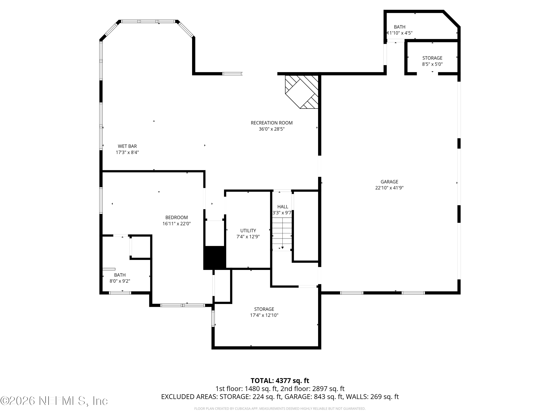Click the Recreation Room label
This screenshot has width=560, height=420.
(271, 123)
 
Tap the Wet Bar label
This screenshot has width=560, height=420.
(127, 146)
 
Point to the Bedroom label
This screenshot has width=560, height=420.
(176, 217)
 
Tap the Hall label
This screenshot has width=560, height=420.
(283, 207)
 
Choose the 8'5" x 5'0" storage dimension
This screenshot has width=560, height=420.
(432, 64)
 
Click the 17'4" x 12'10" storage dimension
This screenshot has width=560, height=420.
(264, 315)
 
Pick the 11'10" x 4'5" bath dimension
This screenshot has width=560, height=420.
(400, 33)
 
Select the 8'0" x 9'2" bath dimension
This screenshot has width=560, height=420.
(120, 281)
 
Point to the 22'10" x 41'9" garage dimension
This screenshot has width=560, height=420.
(389, 188)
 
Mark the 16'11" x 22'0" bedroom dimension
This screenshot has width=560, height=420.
(176, 224)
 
